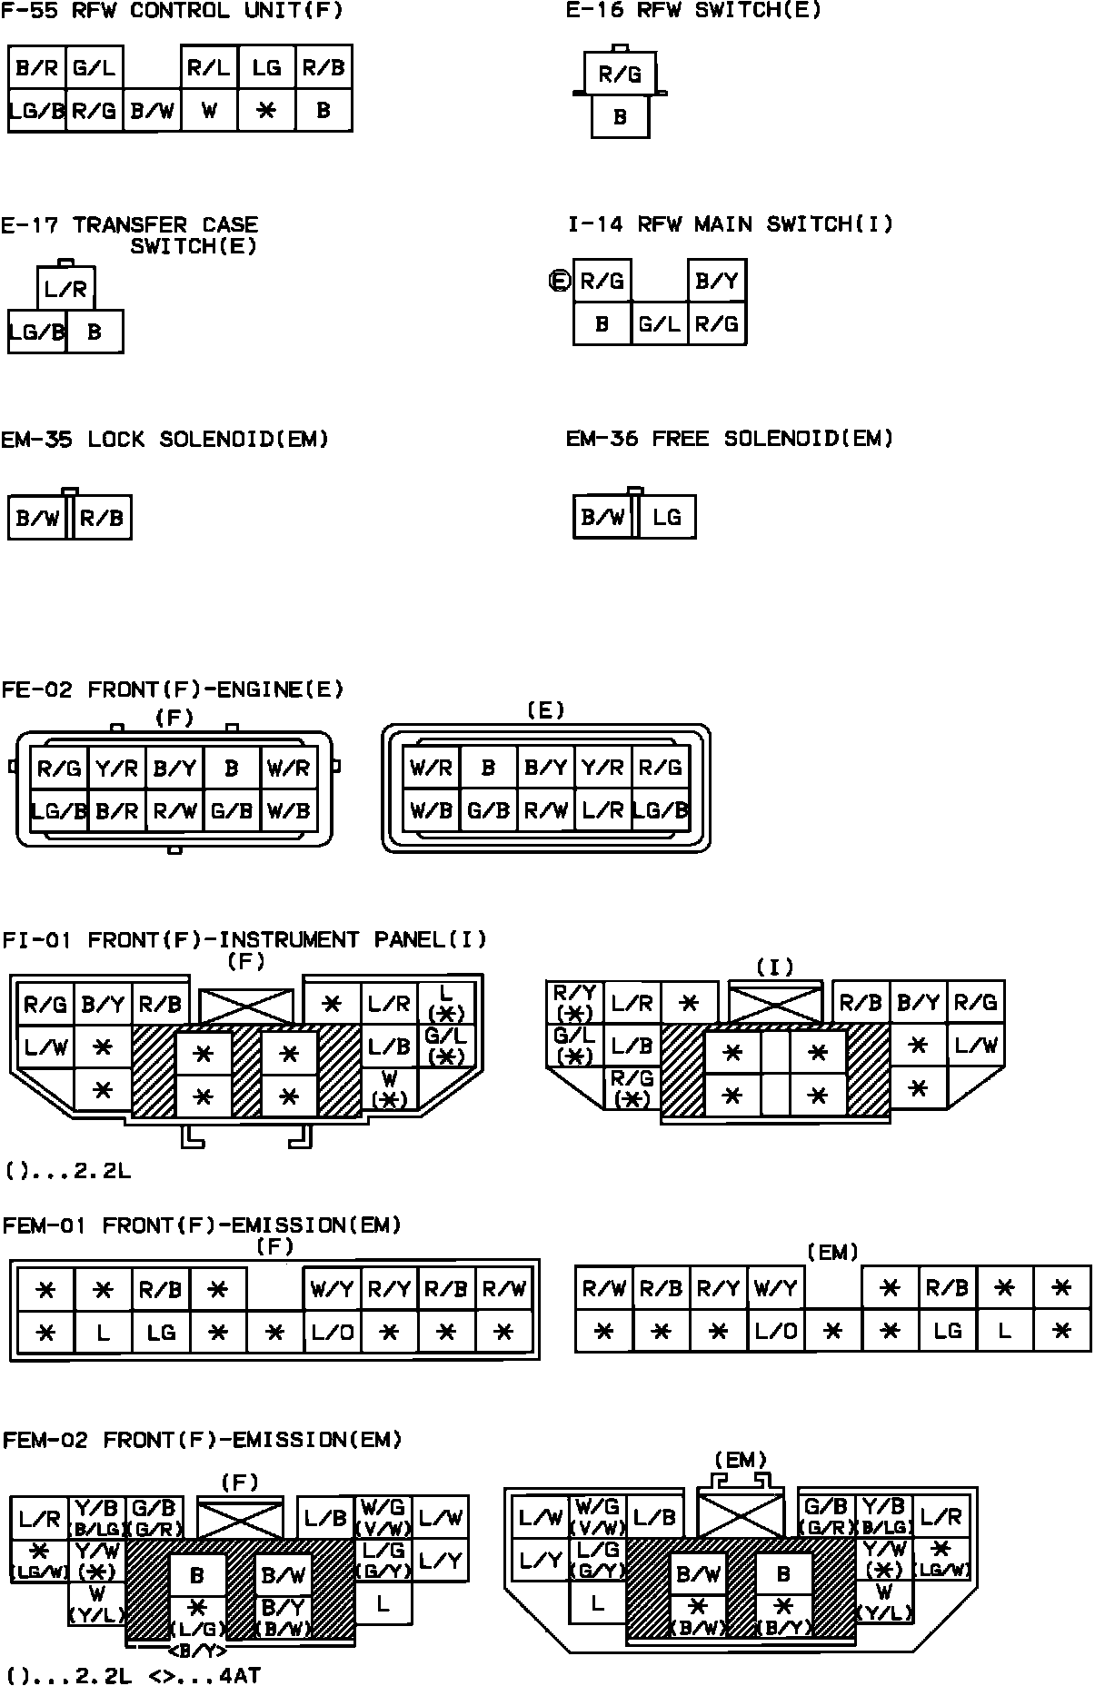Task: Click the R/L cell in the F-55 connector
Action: click(209, 68)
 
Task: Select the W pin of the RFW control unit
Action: click(209, 111)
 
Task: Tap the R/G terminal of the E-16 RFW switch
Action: click(620, 74)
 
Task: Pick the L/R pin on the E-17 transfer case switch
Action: click(66, 289)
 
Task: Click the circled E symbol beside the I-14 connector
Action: click(559, 282)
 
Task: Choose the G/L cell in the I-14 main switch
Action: click(660, 323)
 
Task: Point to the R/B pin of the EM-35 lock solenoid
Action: click(102, 518)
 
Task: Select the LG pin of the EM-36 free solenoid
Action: click(667, 517)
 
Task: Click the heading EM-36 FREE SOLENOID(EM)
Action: click(730, 439)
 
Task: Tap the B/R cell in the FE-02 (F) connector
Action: click(116, 809)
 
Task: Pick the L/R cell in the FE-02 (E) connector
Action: click(603, 809)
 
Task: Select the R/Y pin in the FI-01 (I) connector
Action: click(574, 1001)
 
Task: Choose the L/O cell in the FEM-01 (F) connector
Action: click(332, 1333)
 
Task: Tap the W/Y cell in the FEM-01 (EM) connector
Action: click(775, 1289)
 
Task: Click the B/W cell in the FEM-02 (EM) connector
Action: click(699, 1573)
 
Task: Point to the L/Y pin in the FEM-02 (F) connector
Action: click(441, 1561)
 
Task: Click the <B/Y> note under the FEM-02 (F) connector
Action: click(199, 1651)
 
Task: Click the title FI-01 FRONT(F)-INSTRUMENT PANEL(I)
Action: click(244, 939)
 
